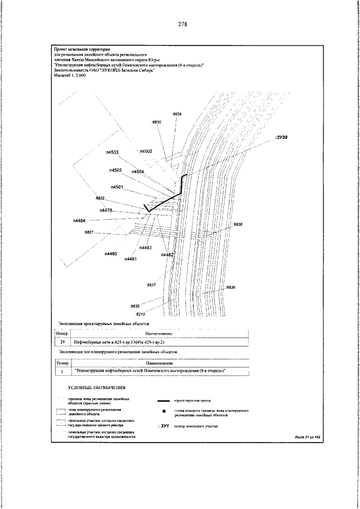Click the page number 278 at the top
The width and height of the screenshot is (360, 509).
tap(182, 24)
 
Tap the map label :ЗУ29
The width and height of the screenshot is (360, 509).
tap(282, 137)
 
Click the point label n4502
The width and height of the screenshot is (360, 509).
tap(146, 151)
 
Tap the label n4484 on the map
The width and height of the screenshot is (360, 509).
tap(80, 221)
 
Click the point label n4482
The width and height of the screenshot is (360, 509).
tap(167, 255)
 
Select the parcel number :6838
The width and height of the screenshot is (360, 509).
tap(237, 224)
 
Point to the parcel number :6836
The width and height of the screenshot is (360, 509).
tap(231, 287)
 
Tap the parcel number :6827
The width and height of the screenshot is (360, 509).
tap(88, 232)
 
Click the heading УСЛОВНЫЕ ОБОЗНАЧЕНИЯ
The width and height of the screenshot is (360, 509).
tap(97, 388)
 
